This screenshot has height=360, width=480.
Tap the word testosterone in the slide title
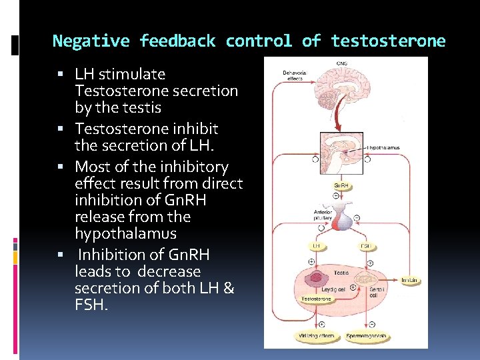point(387,41)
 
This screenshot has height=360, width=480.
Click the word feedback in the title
point(177,41)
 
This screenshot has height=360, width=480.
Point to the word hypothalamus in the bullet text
point(126,233)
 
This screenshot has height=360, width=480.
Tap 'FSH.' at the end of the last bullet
point(93,305)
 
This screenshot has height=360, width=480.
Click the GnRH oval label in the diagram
point(342,185)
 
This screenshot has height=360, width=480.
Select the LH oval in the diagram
point(316,245)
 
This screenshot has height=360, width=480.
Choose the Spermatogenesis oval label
point(367,337)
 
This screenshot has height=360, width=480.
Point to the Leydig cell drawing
point(317,278)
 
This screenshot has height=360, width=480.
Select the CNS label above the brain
point(342,64)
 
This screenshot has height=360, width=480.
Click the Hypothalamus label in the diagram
point(385,147)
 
